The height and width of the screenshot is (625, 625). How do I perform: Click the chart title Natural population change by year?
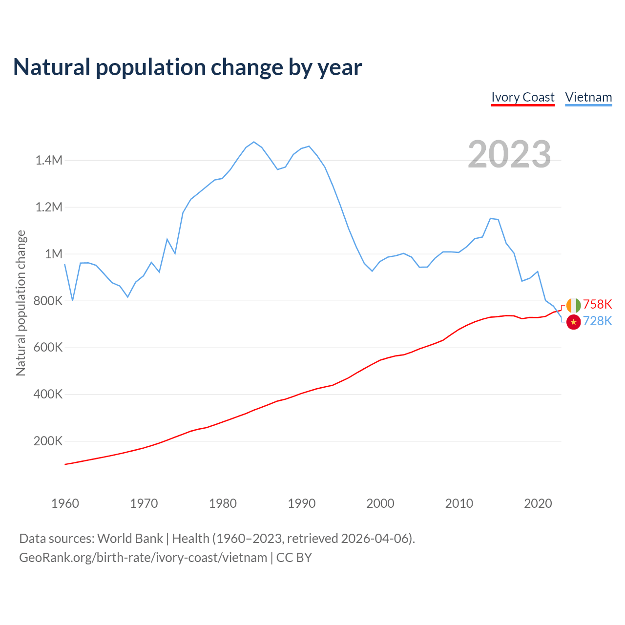pyautogui.click(x=187, y=67)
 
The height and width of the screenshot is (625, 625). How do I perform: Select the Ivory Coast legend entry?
pyautogui.click(x=523, y=97)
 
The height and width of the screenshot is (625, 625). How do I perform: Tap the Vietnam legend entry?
pyautogui.click(x=588, y=97)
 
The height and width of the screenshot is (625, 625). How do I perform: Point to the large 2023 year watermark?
pyautogui.click(x=509, y=154)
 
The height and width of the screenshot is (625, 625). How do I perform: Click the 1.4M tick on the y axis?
pyautogui.click(x=49, y=160)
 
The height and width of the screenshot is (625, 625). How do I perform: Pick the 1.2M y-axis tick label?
pyautogui.click(x=49, y=207)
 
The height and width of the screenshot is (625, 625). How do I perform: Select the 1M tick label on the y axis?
pyautogui.click(x=54, y=254)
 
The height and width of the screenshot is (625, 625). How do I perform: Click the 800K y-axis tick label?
pyautogui.click(x=48, y=301)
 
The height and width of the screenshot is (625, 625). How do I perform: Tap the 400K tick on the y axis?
pyautogui.click(x=48, y=394)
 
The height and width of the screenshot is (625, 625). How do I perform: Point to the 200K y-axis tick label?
pyautogui.click(x=48, y=441)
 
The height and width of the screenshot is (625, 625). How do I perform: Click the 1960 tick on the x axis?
pyautogui.click(x=65, y=503)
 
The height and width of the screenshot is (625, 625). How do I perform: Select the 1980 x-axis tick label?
pyautogui.click(x=223, y=503)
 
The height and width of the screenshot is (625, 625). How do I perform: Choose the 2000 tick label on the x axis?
pyautogui.click(x=380, y=503)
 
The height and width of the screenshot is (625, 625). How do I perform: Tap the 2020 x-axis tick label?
pyautogui.click(x=538, y=503)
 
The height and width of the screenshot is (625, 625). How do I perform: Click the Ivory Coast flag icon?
pyautogui.click(x=573, y=305)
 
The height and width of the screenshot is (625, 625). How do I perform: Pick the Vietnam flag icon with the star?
pyautogui.click(x=573, y=322)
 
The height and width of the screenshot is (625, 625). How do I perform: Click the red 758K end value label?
pyautogui.click(x=598, y=304)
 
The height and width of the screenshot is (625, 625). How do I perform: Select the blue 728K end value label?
pyautogui.click(x=598, y=321)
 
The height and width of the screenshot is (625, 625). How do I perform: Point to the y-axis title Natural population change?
pyautogui.click(x=21, y=303)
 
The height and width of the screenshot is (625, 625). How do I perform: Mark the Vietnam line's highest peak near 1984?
pyautogui.click(x=254, y=142)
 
